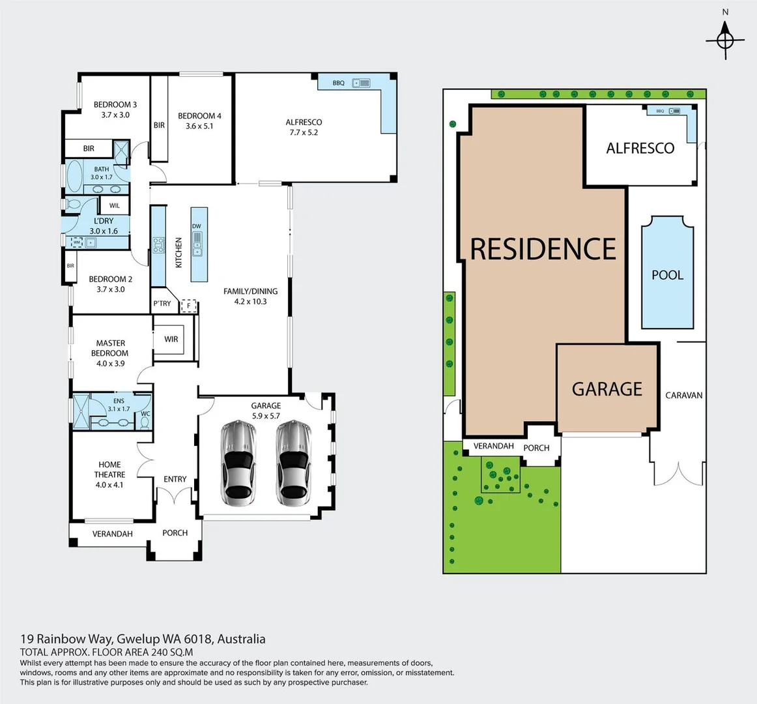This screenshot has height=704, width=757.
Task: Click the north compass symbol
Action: pyautogui.click(x=725, y=40)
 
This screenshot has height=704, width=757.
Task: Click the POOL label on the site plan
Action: pyautogui.click(x=668, y=275)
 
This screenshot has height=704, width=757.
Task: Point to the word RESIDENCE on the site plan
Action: pyautogui.click(x=543, y=249)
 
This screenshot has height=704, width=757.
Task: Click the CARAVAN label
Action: pyautogui.click(x=683, y=395)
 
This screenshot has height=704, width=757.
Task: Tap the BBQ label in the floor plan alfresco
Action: pyautogui.click(x=338, y=83)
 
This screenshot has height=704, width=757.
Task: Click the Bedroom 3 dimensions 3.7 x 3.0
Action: pyautogui.click(x=115, y=115)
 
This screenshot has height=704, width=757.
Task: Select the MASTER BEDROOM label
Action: pyautogui.click(x=110, y=348)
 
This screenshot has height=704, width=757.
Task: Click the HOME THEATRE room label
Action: pyautogui.click(x=109, y=470)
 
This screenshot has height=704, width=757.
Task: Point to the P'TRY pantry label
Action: pyautogui.click(x=162, y=304)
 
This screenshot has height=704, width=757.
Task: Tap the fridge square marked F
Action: pyautogui.click(x=189, y=305)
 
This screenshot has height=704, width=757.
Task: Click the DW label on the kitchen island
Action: pyautogui.click(x=197, y=226)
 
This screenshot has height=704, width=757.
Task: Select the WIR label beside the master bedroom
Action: pyautogui.click(x=171, y=339)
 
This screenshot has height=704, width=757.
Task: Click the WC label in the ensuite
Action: pyautogui.click(x=145, y=413)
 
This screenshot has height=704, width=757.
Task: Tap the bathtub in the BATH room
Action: pyautogui.click(x=75, y=175)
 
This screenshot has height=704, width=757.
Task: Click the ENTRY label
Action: pyautogui.click(x=175, y=479)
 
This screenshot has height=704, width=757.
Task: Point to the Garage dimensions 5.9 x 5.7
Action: pyautogui.click(x=266, y=416)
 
